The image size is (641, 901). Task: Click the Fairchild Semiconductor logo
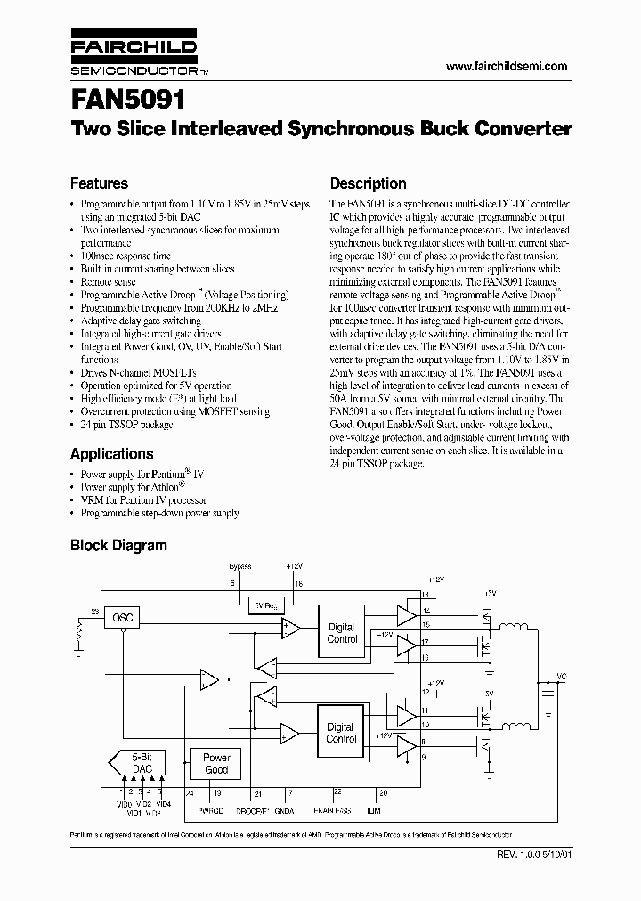(133, 55)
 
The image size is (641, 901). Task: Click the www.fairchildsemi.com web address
(506, 67)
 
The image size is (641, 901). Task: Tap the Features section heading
(99, 183)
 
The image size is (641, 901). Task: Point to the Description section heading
(368, 183)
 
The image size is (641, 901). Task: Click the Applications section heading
(111, 453)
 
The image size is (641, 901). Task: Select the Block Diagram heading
(118, 545)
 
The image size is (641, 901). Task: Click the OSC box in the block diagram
(122, 617)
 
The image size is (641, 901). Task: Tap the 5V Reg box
(264, 605)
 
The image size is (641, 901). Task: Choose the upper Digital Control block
(342, 633)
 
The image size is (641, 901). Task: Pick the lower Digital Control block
(342, 733)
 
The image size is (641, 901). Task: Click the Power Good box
(216, 764)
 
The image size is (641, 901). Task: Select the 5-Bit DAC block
(142, 762)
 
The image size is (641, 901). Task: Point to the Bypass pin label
(240, 566)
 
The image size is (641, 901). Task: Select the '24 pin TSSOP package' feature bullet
(126, 425)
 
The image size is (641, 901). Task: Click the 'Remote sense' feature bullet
(109, 280)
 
